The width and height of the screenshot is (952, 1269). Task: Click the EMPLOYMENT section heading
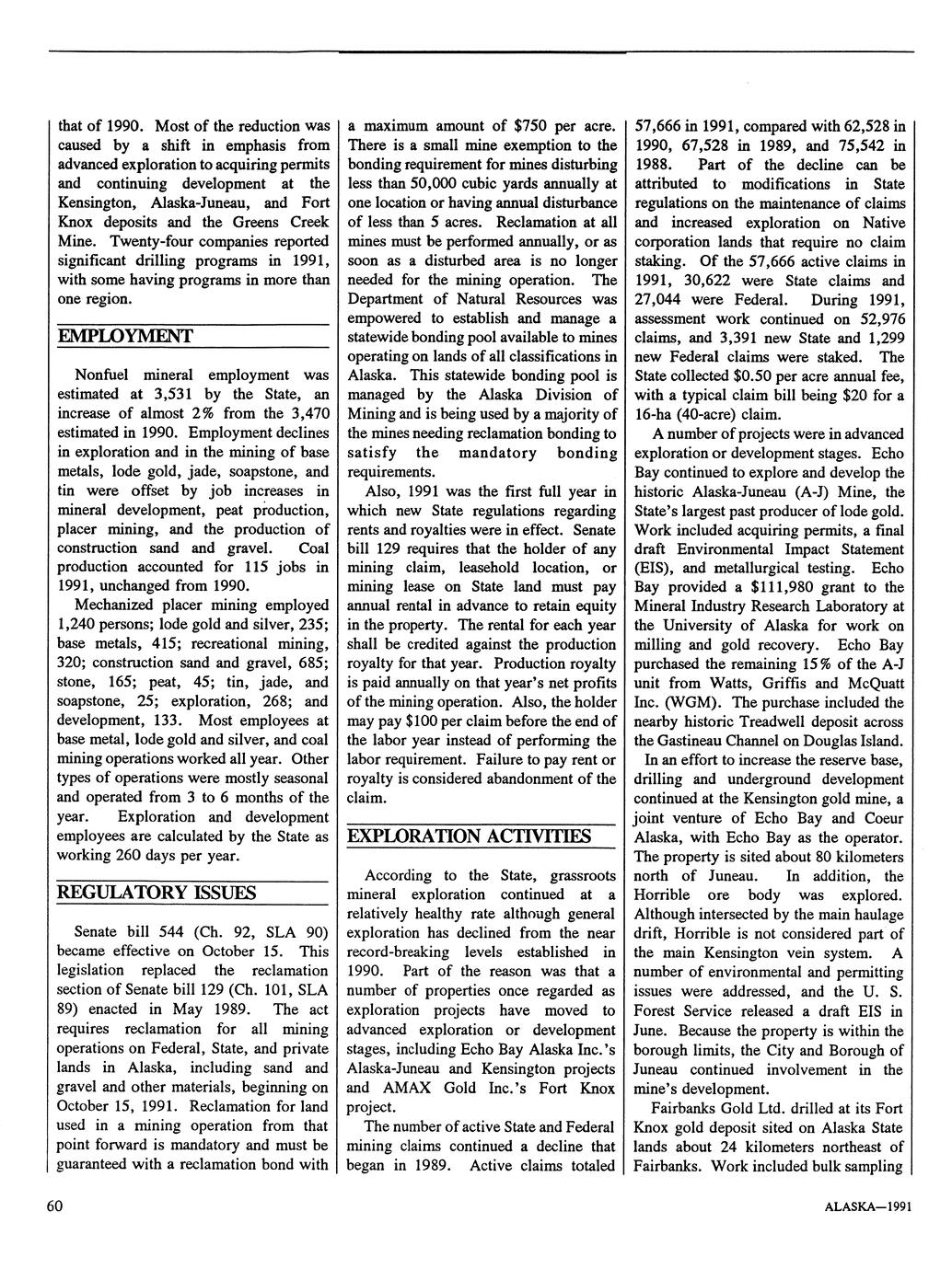(125, 337)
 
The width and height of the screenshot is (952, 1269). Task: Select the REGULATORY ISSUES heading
(157, 894)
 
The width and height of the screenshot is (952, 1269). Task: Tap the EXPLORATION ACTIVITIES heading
(469, 836)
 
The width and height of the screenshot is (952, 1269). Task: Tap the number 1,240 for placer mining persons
(78, 625)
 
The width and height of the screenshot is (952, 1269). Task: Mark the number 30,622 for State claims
(705, 280)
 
